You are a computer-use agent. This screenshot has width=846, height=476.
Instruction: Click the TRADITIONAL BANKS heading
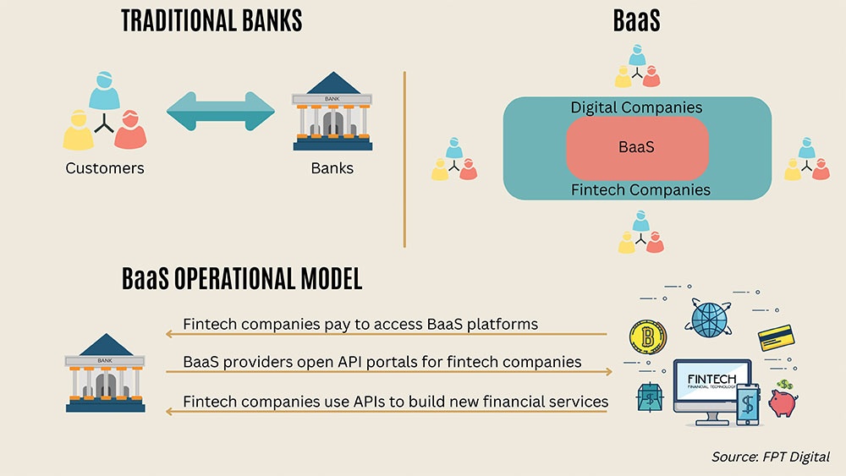pos(212,21)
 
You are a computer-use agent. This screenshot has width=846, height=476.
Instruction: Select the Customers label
pos(105,168)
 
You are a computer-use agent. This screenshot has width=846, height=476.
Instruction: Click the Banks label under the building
pos(332,168)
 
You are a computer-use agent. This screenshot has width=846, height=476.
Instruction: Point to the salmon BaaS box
pos(636,147)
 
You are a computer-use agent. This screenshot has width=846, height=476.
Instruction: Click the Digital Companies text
pos(636,107)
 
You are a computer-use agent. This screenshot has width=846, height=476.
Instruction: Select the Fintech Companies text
pos(640,189)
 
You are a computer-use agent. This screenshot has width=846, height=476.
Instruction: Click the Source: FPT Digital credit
pos(771,457)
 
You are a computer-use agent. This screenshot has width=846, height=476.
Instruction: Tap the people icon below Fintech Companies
pos(640,232)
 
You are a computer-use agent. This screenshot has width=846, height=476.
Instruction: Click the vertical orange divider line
pos(404,159)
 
